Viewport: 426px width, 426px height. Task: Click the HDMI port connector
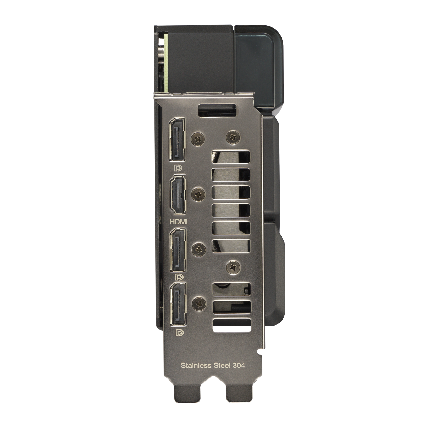(x=178, y=195)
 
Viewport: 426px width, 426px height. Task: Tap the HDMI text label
(x=179, y=222)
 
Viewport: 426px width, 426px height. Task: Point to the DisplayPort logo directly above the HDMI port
(x=178, y=169)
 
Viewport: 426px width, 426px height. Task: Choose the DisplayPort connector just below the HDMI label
(x=178, y=250)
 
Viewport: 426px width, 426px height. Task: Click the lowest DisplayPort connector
(x=178, y=304)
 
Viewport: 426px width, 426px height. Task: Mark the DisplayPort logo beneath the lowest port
(x=179, y=333)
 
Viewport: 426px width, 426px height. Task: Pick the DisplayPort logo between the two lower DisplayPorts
(x=179, y=277)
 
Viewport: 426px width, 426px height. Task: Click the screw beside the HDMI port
(x=198, y=195)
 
